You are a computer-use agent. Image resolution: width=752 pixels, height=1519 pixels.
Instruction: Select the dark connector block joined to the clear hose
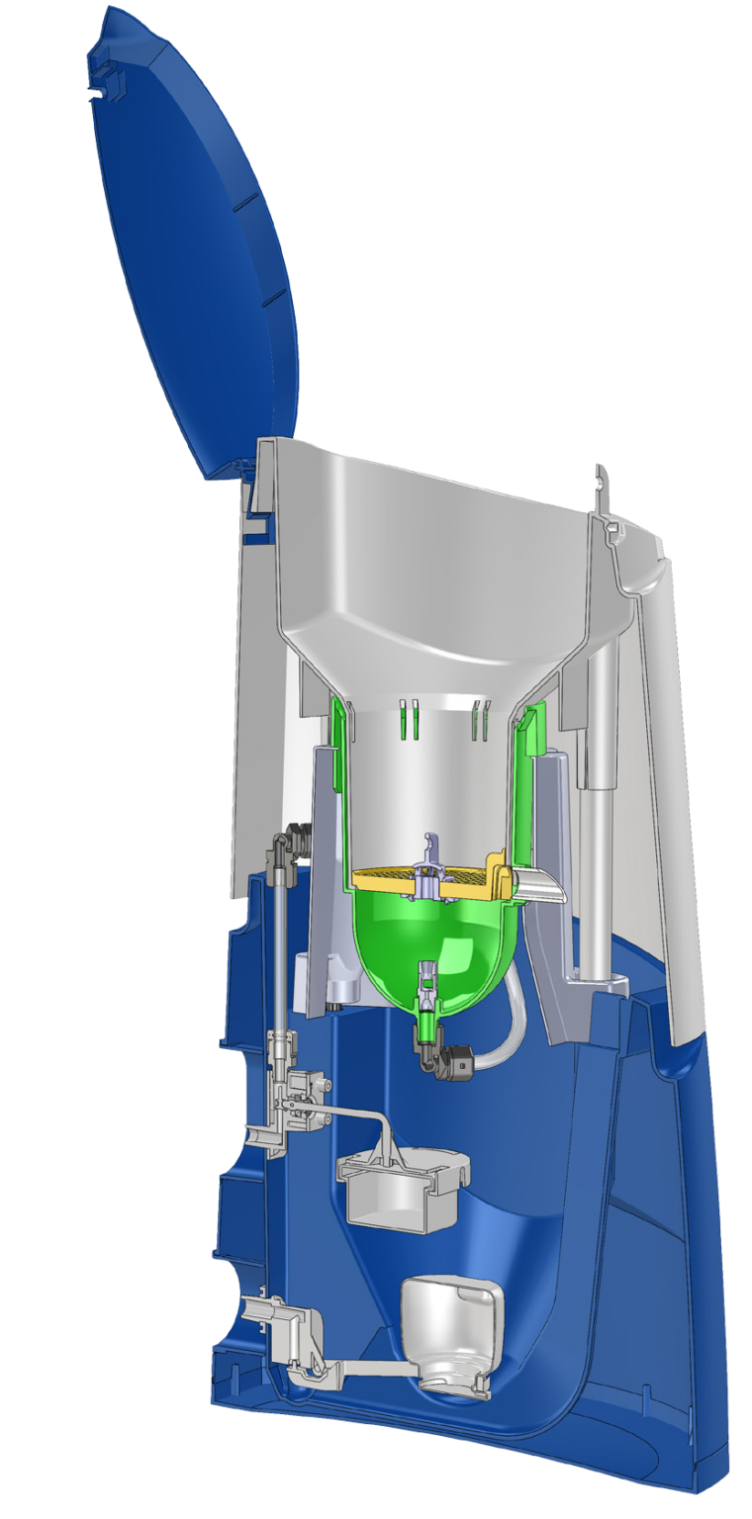[x=459, y=1064]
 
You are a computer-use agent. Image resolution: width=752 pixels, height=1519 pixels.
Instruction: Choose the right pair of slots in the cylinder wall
[x=482, y=718]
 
